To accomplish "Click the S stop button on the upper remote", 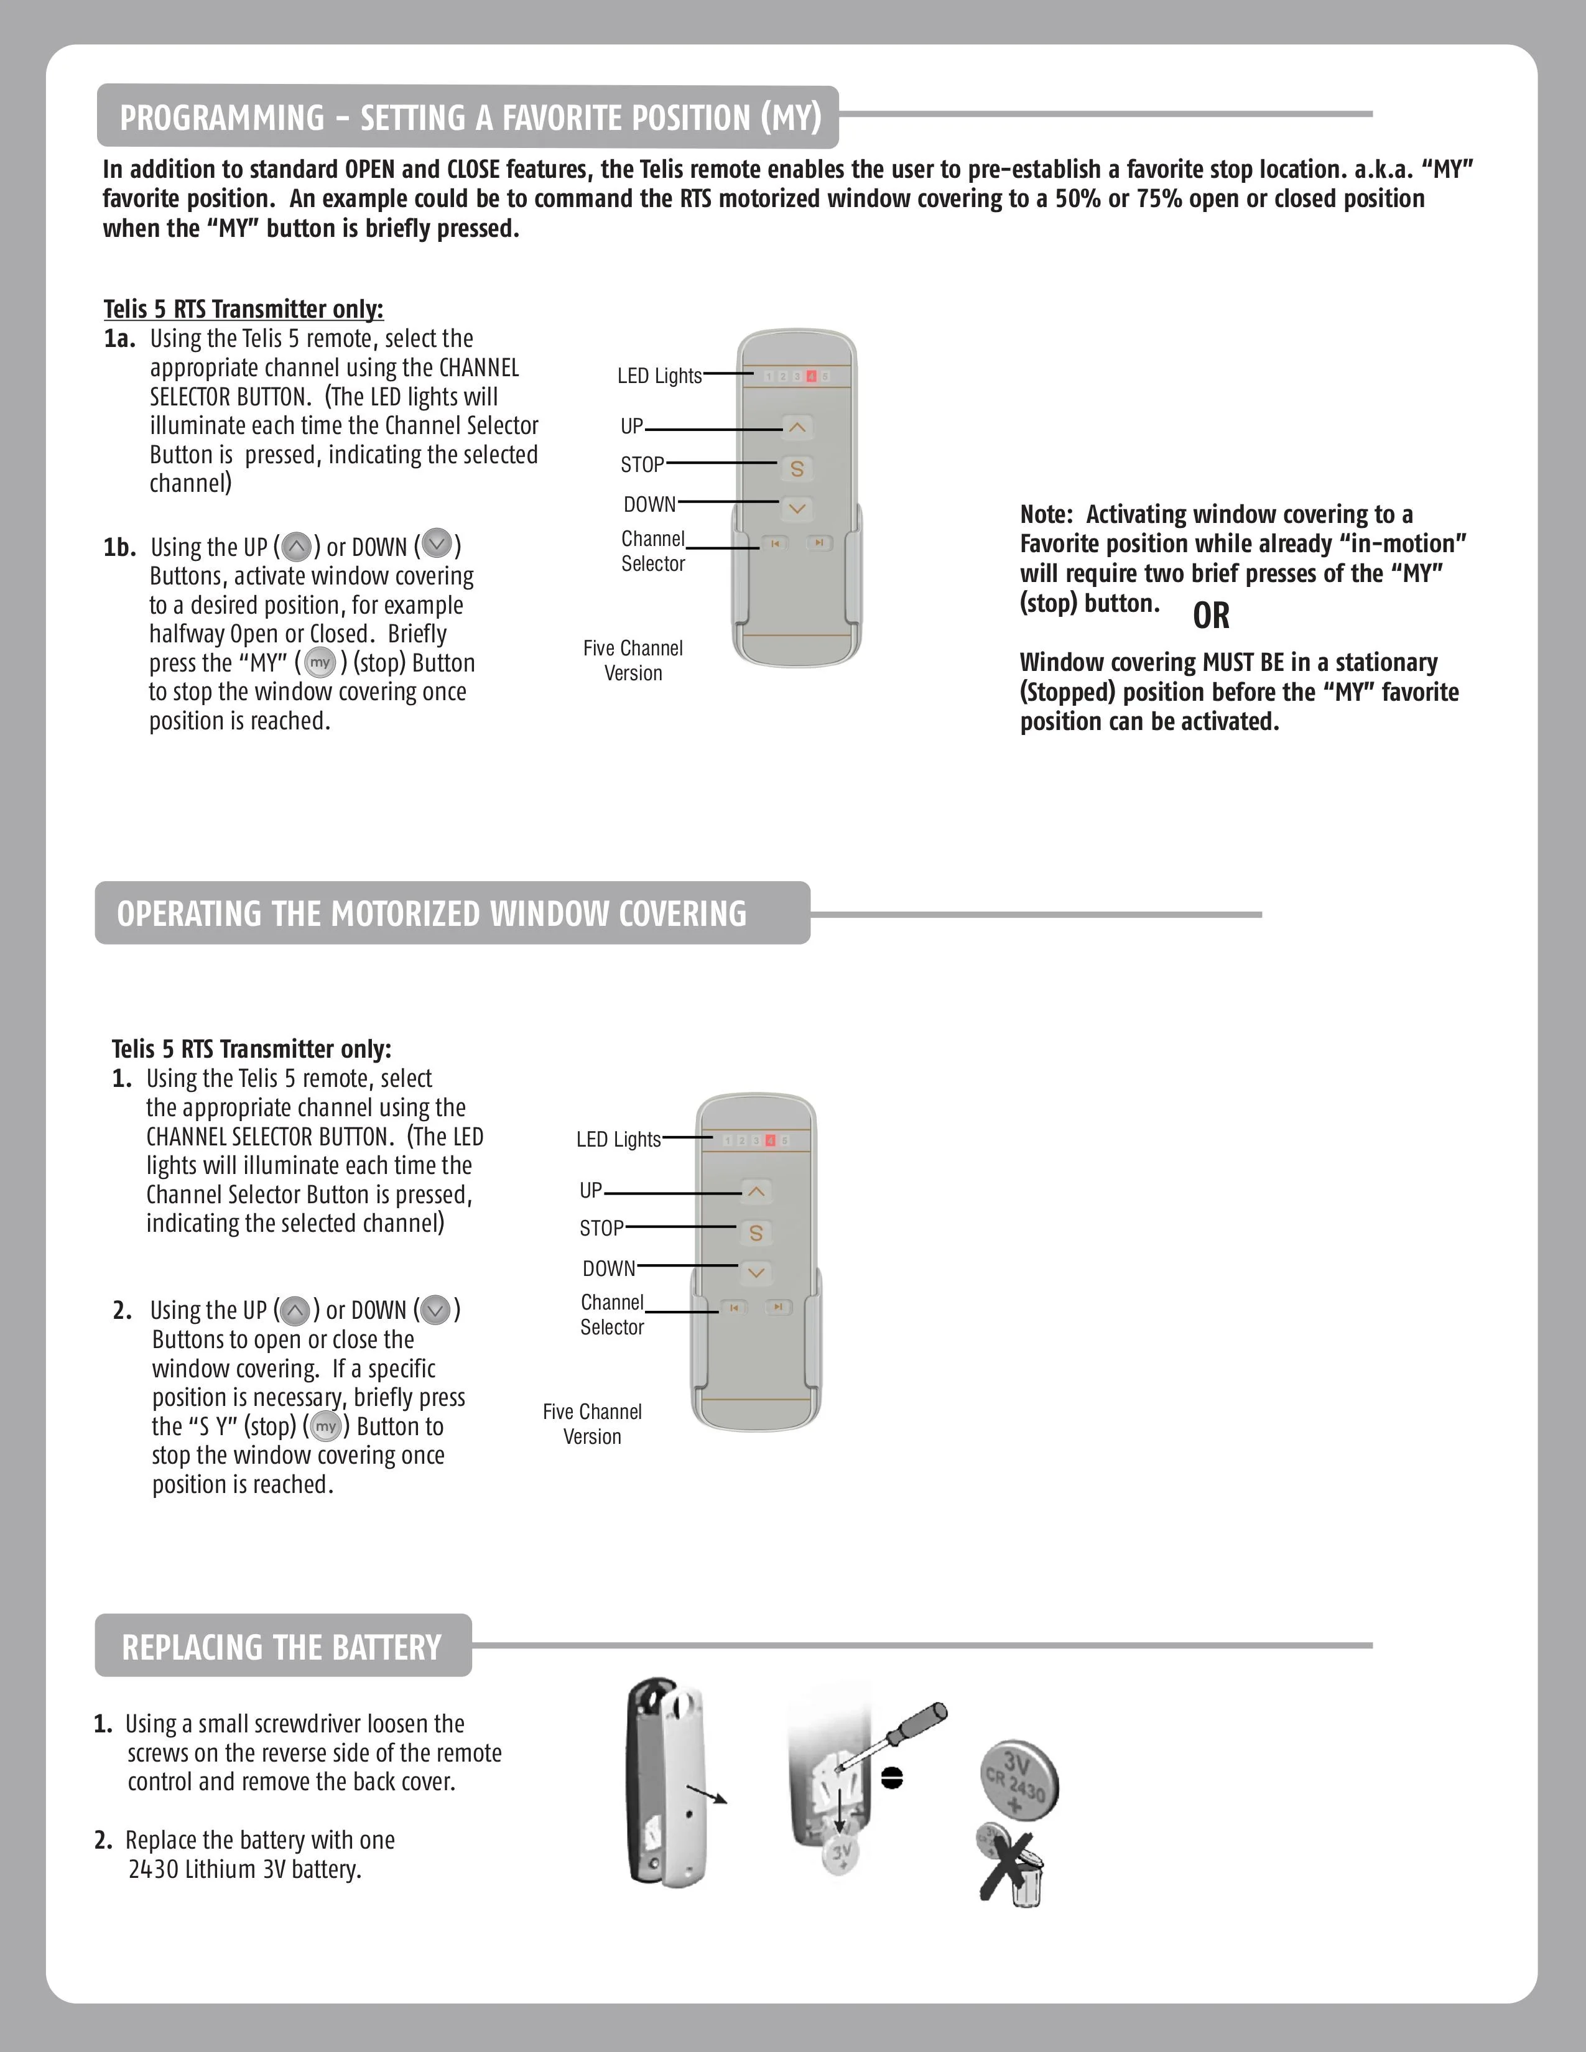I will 797,468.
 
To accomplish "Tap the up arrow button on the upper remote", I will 797,428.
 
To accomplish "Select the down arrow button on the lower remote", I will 756,1273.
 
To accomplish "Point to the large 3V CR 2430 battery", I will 1019,1780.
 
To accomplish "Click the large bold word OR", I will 1211,616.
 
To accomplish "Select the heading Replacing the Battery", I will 282,1647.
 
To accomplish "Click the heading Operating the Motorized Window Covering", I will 432,913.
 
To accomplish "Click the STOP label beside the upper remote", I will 642,464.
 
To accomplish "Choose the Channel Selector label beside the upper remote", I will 653,552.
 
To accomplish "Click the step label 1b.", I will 119,547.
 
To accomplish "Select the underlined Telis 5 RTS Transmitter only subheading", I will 243,309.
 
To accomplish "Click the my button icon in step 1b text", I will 320,662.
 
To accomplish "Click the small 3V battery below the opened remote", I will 841,1856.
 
